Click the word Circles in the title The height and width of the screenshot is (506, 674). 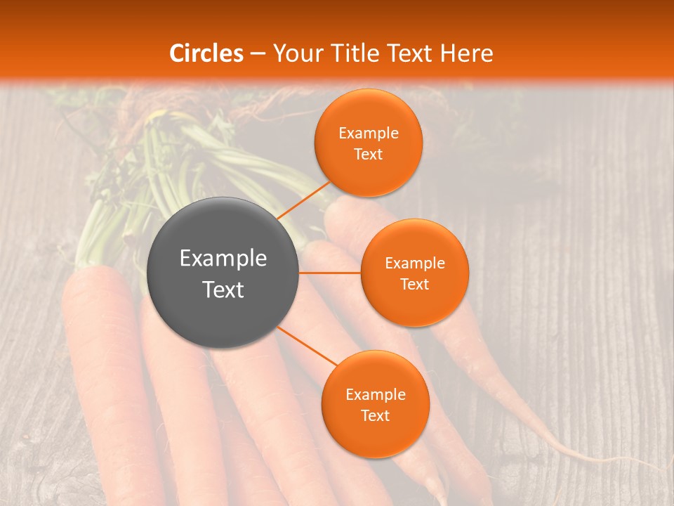point(206,53)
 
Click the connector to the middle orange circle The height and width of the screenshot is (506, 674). point(330,273)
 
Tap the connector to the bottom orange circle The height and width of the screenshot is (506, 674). point(308,345)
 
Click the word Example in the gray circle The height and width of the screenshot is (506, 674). point(223,259)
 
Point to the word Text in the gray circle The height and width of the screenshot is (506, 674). point(223,290)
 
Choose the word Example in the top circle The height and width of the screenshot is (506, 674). point(369,134)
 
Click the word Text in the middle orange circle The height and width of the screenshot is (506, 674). point(414,285)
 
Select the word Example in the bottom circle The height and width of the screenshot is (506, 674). point(375,395)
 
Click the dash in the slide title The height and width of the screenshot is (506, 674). point(258,54)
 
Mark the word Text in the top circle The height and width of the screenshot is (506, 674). point(369,155)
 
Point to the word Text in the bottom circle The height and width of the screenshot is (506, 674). point(375,416)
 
